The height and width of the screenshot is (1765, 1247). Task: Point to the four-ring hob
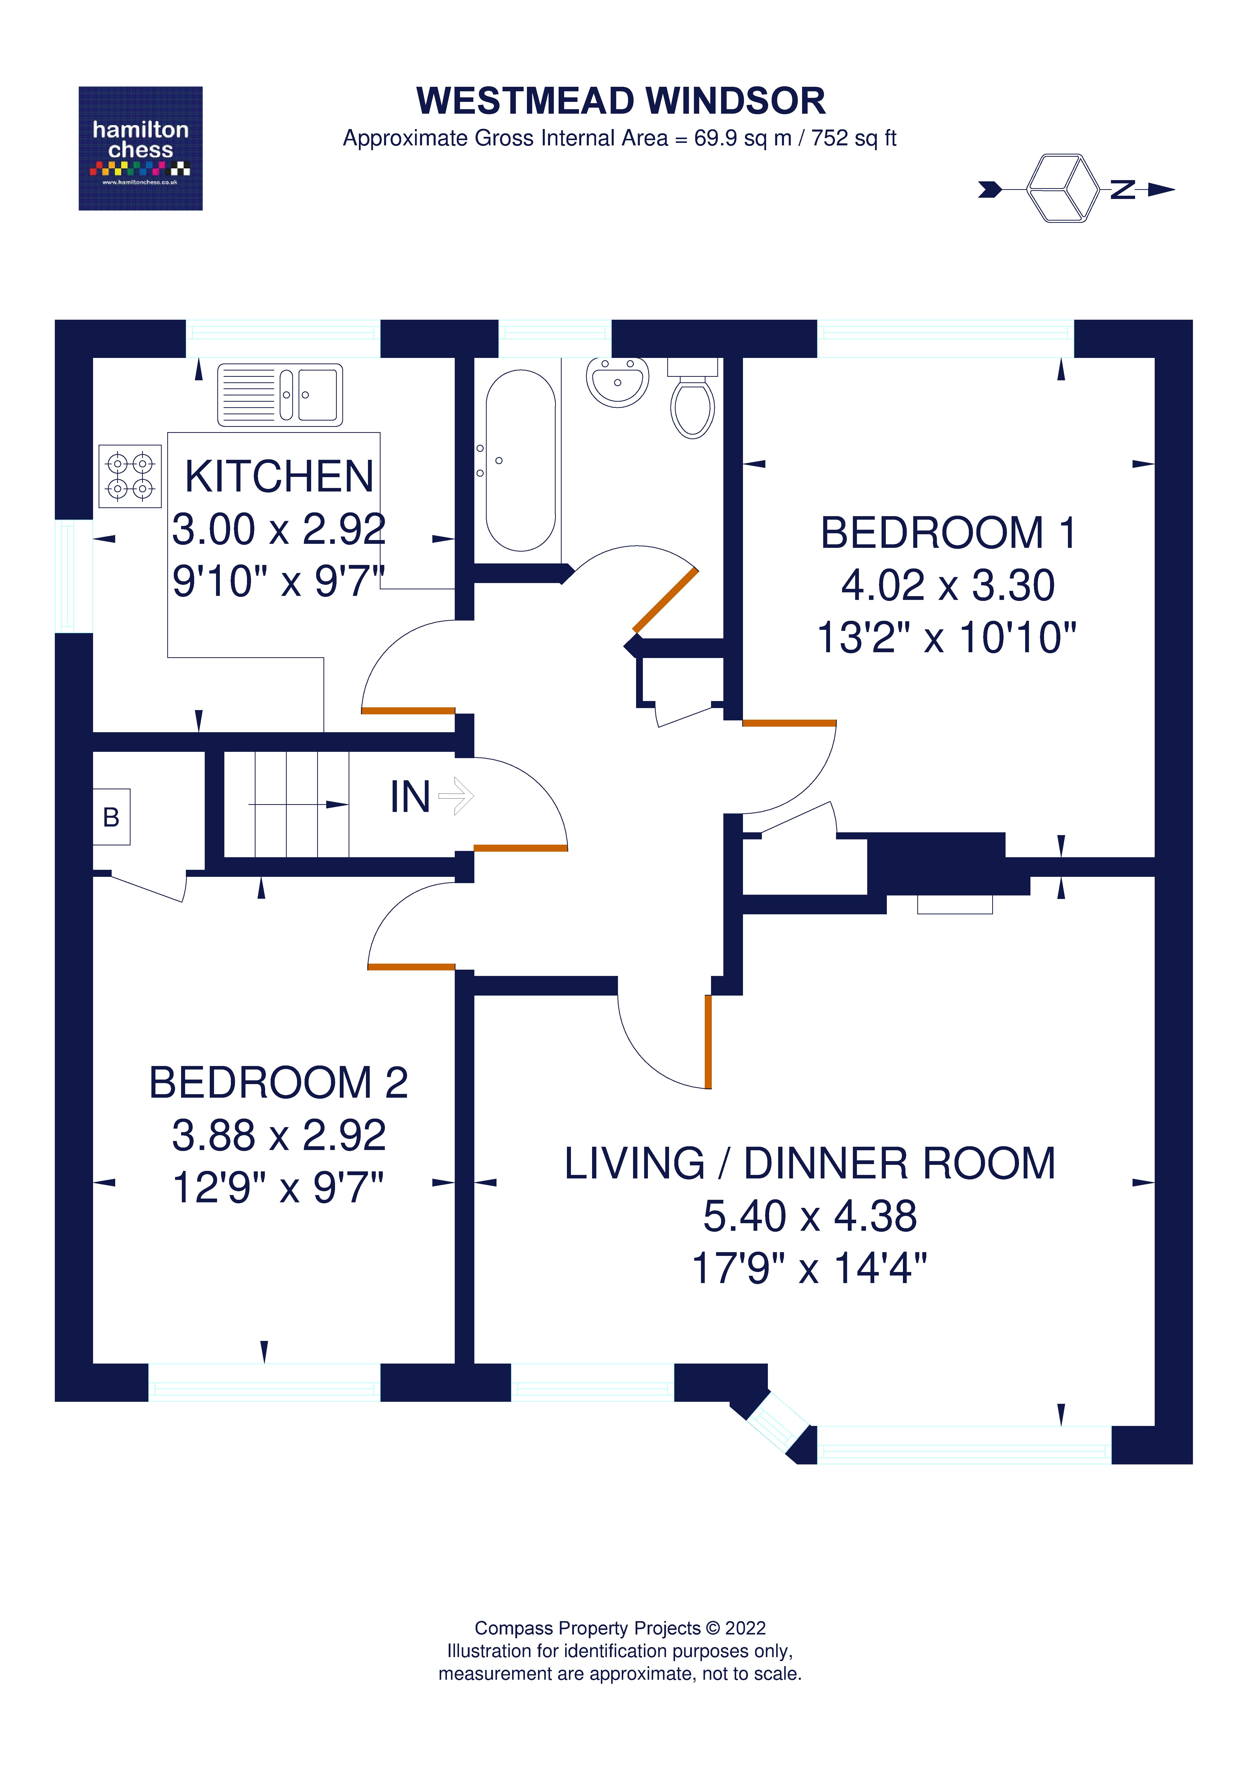(x=130, y=476)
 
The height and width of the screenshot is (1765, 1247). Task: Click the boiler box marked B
(x=111, y=817)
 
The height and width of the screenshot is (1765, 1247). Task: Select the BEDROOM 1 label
(x=948, y=533)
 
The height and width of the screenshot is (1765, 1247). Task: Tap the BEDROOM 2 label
(x=278, y=1082)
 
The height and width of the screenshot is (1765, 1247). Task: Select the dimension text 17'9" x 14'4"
(x=810, y=1268)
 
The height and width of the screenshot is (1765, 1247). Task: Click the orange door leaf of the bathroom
(x=665, y=600)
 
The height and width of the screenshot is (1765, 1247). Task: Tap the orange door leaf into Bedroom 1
(x=789, y=723)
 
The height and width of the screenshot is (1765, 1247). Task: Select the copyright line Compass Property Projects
(x=620, y=1628)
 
